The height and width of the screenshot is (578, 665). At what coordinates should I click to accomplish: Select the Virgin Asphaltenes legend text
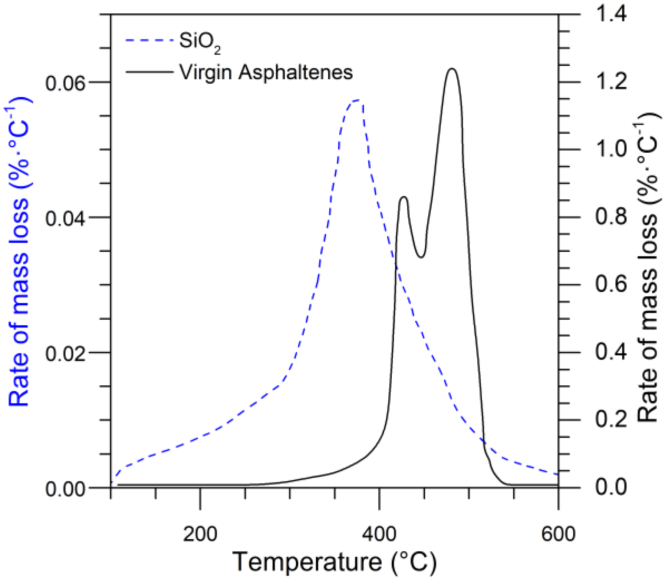point(266,72)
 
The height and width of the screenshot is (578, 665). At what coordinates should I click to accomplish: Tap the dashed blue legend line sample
point(149,40)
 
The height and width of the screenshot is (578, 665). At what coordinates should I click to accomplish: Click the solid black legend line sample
point(149,72)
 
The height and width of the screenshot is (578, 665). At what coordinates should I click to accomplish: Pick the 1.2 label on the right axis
point(611,82)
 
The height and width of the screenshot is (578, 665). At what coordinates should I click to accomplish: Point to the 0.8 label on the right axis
point(611,216)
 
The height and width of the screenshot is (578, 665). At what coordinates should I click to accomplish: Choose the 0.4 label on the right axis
point(611,352)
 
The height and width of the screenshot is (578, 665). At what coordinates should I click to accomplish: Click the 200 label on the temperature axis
point(200,534)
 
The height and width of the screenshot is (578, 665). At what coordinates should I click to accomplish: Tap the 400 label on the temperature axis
point(379,534)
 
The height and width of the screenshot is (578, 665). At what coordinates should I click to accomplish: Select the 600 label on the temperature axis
point(558,534)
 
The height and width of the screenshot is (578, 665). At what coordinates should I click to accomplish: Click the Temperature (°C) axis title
point(334,562)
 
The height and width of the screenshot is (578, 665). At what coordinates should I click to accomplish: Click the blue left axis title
point(19,252)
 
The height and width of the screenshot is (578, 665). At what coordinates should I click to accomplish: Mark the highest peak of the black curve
point(451,69)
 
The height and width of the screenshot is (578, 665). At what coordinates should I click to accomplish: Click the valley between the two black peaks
point(421,257)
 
